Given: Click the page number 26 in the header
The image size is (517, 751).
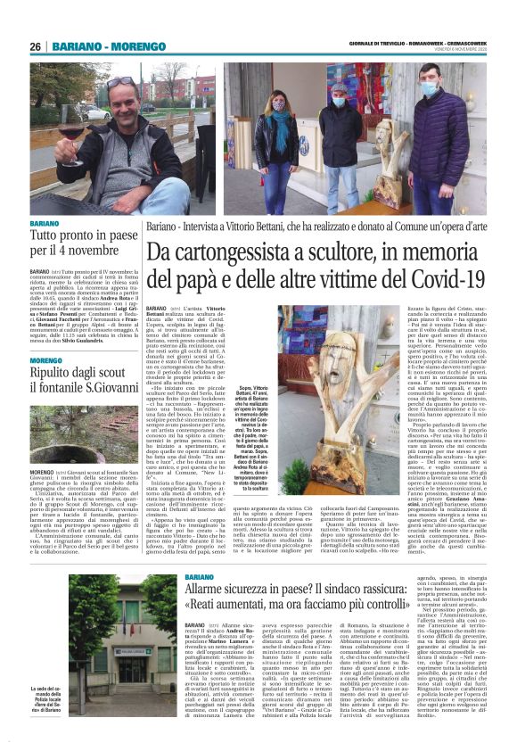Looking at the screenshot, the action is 36,47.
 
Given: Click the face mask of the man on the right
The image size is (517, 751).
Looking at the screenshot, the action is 429,90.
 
